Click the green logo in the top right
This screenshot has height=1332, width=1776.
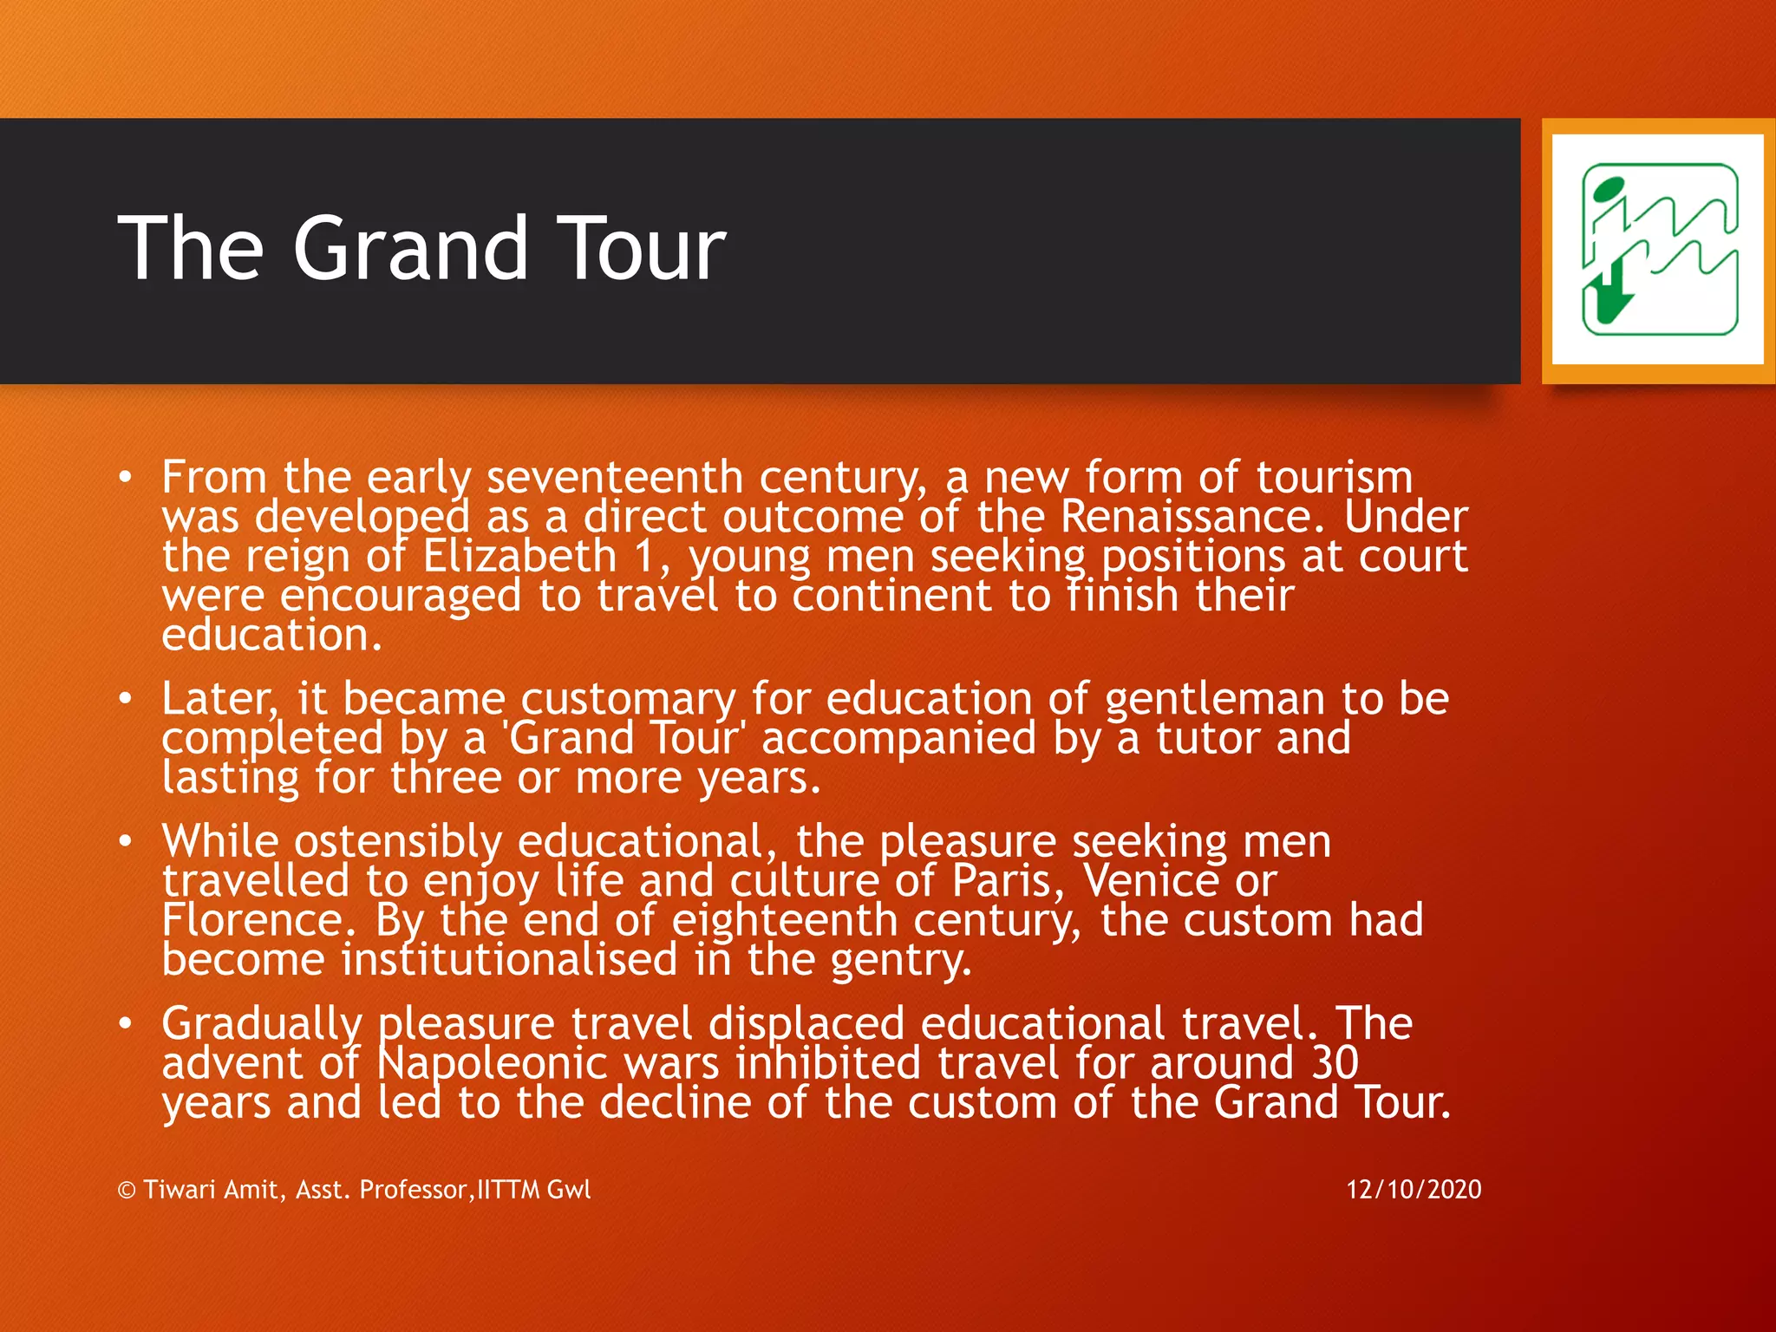(1659, 250)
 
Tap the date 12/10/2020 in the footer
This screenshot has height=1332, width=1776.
(1414, 1189)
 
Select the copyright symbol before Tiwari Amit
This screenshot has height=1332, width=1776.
(127, 1190)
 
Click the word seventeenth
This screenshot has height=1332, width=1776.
(614, 478)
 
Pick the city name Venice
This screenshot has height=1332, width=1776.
(1151, 882)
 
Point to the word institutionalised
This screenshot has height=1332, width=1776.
(509, 960)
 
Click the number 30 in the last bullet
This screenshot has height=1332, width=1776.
(1334, 1064)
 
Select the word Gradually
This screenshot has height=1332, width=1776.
(261, 1025)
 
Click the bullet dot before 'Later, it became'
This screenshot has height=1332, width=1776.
(127, 698)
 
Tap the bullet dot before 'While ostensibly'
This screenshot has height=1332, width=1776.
(127, 840)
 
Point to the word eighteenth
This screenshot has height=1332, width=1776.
(784, 921)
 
